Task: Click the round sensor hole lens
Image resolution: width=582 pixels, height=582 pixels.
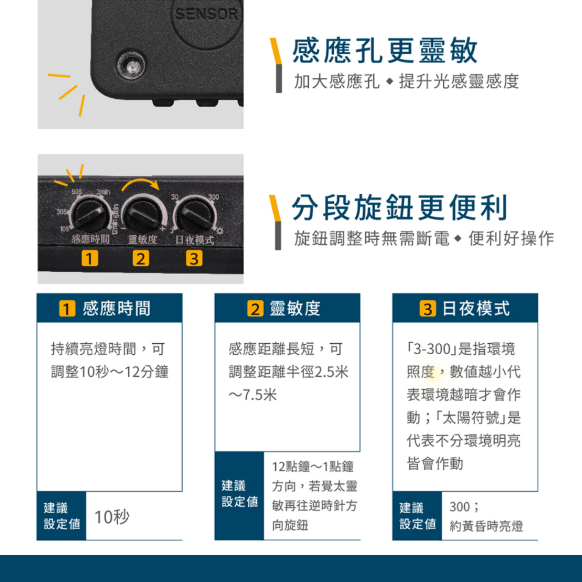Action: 131,65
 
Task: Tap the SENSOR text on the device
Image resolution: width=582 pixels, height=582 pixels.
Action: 206,14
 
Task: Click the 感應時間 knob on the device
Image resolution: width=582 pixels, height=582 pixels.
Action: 90,215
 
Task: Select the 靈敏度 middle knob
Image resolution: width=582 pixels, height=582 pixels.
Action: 143,215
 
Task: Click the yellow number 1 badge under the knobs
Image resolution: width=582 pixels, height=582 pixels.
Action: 90,258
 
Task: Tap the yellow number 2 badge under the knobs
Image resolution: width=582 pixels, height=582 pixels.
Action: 141,258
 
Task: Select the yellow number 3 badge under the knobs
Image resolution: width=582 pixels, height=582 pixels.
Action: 194,258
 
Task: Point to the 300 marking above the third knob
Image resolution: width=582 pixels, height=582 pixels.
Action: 214,197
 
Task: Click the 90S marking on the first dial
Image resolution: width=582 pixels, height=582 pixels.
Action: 77,192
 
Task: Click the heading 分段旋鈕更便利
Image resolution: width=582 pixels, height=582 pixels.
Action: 400,208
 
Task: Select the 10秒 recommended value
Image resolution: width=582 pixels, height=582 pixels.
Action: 112,517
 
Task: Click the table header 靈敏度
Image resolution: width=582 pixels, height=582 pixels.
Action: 295,308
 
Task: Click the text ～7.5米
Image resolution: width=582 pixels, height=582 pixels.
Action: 252,395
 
